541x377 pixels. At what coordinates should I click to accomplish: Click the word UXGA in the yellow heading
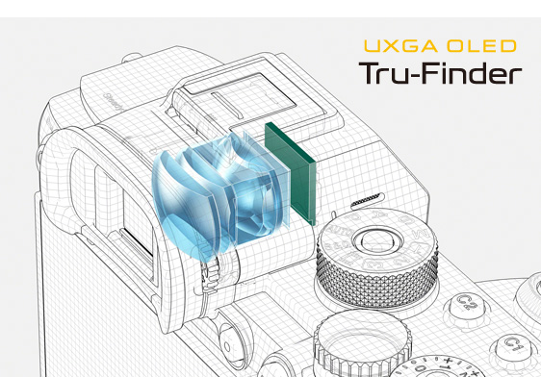[x=400, y=46]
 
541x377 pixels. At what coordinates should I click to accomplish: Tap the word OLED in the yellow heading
[x=481, y=46]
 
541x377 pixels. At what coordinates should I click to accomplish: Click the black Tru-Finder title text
[x=440, y=73]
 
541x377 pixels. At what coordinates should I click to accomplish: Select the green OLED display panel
[x=291, y=174]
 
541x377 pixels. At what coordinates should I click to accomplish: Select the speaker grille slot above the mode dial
[x=368, y=200]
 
